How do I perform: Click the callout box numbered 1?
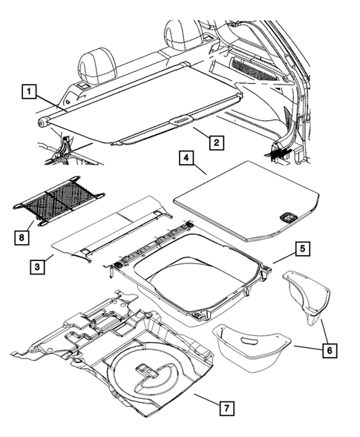tap(27, 93)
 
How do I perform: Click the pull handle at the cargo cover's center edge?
tap(180, 119)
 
